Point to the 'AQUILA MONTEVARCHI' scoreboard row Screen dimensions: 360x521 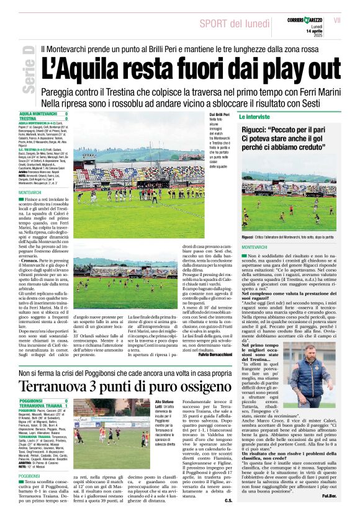[43, 114]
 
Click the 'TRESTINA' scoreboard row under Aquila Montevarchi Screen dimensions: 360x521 [43, 118]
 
